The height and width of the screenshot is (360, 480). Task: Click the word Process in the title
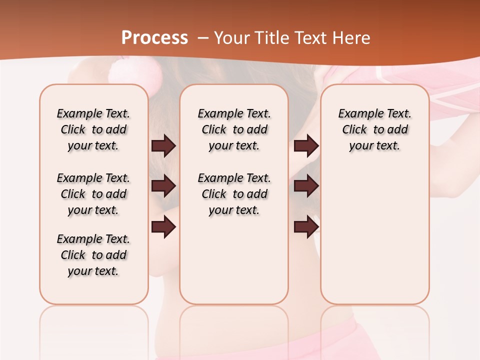click(154, 37)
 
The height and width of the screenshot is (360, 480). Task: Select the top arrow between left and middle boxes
click(163, 146)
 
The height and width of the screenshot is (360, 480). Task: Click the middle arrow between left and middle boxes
click(163, 186)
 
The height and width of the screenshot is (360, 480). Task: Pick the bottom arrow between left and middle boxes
click(163, 226)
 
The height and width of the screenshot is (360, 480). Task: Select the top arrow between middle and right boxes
click(306, 146)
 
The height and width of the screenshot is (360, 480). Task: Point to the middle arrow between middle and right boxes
click(306, 186)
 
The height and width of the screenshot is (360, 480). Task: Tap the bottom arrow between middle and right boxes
click(306, 226)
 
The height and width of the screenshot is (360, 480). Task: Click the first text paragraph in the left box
click(93, 129)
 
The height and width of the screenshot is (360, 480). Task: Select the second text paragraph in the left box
click(93, 194)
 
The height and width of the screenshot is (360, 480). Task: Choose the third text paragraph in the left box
click(93, 255)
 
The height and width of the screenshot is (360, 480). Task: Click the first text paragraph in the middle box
click(234, 129)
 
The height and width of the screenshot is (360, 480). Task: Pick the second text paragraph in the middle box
click(234, 194)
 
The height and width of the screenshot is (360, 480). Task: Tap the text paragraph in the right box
click(375, 129)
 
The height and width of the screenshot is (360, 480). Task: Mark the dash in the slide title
click(202, 38)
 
